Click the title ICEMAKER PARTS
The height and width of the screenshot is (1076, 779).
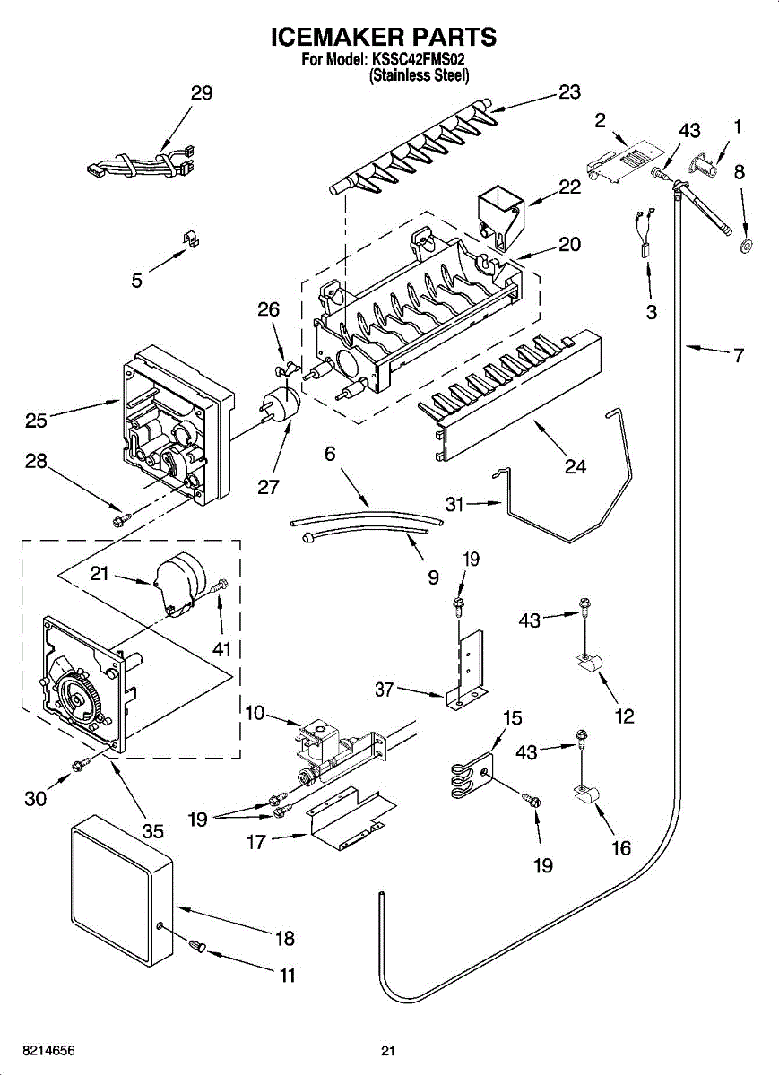point(384,37)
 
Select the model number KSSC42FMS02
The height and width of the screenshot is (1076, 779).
point(420,60)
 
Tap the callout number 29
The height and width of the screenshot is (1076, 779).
point(202,92)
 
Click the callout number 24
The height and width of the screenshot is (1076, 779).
point(575,466)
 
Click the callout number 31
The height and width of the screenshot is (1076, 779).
point(455,505)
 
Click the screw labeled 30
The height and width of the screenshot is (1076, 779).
point(79,765)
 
